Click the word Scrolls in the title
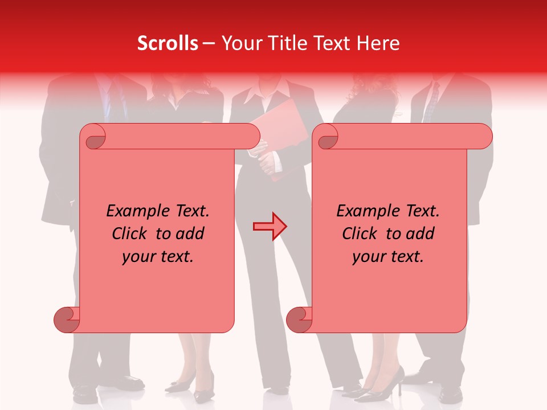click(x=168, y=43)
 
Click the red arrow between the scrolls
click(x=270, y=227)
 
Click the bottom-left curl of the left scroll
click(x=67, y=319)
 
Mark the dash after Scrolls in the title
click(x=209, y=43)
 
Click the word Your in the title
click(x=240, y=43)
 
